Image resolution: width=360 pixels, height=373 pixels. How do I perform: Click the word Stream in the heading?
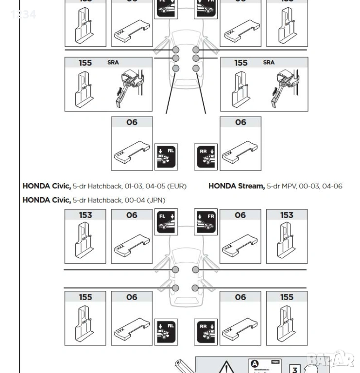pyautogui.click(x=251, y=186)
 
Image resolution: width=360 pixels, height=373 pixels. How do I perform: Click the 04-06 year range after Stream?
pyautogui.click(x=332, y=186)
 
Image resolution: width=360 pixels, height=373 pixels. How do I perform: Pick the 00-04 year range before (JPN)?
pyautogui.click(x=131, y=200)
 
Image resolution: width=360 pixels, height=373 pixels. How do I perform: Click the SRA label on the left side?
pyautogui.click(x=113, y=63)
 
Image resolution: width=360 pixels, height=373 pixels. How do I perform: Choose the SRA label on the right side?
pyautogui.click(x=269, y=63)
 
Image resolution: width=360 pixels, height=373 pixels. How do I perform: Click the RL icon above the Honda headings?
pyautogui.click(x=166, y=157)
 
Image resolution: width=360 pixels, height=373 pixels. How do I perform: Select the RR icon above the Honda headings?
pyautogui.click(x=206, y=157)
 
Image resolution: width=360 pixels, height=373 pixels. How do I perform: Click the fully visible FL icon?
pyautogui.click(x=166, y=222)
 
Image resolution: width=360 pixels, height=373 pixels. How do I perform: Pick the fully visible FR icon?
pyautogui.click(x=206, y=222)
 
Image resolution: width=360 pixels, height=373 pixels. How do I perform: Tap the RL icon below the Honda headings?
pyautogui.click(x=166, y=332)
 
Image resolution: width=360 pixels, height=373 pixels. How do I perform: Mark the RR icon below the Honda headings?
pyautogui.click(x=206, y=332)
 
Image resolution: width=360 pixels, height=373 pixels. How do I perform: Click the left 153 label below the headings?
pyautogui.click(x=86, y=215)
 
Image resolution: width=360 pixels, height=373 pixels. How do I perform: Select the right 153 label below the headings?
pyautogui.click(x=287, y=215)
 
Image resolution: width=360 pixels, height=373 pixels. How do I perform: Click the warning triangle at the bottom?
pyautogui.click(x=225, y=368)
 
